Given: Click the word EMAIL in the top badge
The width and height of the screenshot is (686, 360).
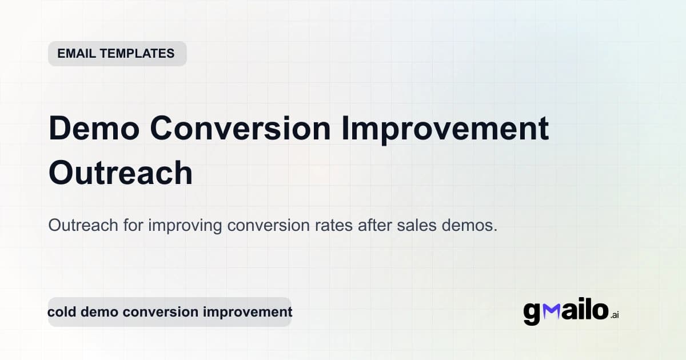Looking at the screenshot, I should click(76, 54).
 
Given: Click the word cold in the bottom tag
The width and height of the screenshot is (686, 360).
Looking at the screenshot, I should click(61, 312).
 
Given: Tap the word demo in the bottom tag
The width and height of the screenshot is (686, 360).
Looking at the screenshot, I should click(98, 312).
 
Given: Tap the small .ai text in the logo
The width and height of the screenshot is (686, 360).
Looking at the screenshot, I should click(615, 314).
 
